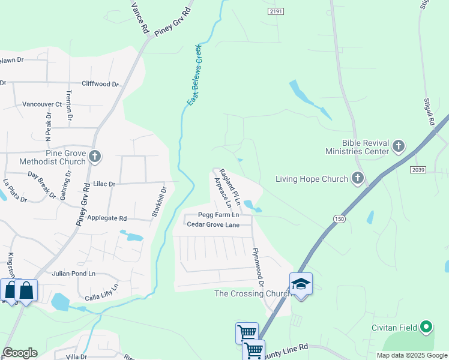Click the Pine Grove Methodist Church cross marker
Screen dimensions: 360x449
click(x=94, y=157)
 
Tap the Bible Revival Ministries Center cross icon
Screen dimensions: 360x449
click(x=398, y=146)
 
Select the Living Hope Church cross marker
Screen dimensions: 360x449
click(x=357, y=178)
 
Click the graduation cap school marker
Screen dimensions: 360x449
click(x=301, y=284)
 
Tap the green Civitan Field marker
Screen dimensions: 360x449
click(x=426, y=327)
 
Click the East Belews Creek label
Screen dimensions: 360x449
click(x=194, y=75)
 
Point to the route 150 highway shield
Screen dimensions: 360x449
click(x=340, y=219)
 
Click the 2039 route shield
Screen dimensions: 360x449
click(x=418, y=170)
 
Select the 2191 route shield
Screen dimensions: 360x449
click(x=276, y=11)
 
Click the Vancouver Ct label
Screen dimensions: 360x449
click(x=42, y=104)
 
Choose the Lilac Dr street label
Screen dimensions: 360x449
click(x=103, y=184)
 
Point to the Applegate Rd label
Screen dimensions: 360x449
click(x=107, y=219)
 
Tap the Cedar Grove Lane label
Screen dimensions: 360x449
click(x=213, y=225)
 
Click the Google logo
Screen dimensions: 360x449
click(x=20, y=353)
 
